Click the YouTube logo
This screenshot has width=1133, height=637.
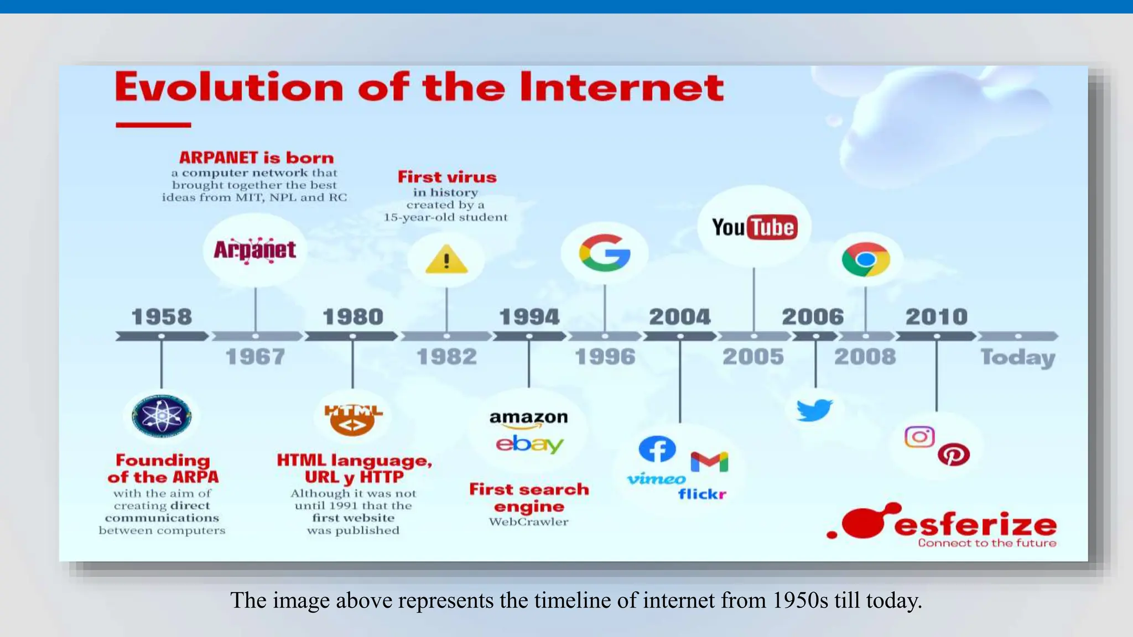[755, 227]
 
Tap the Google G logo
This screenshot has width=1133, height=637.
[605, 253]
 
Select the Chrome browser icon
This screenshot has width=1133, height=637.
[866, 259]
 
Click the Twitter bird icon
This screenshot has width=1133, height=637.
[814, 410]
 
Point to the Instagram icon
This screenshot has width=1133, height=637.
[919, 437]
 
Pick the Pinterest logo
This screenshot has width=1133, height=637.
[954, 455]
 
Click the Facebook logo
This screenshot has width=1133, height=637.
[657, 448]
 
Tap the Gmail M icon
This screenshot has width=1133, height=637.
[709, 462]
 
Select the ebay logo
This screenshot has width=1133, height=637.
[529, 444]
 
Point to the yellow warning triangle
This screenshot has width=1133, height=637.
[446, 260]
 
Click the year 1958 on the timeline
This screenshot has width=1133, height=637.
[162, 317]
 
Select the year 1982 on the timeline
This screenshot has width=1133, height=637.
[446, 357]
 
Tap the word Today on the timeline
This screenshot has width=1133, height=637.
[1018, 358]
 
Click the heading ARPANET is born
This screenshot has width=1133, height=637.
[256, 158]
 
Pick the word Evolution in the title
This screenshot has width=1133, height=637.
[229, 87]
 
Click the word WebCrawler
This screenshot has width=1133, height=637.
[528, 522]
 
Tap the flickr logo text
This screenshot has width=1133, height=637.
[702, 494]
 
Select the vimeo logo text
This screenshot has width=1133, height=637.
[656, 479]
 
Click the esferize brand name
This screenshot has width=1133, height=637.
[975, 524]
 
